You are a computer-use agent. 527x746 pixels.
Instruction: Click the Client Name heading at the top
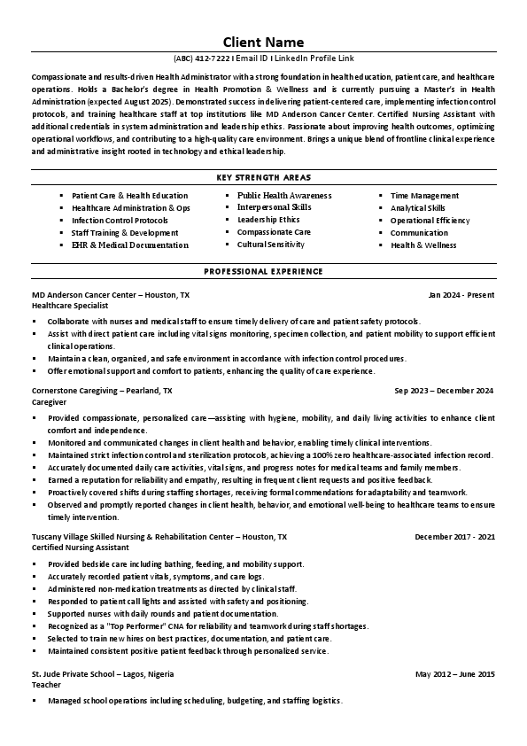(x=263, y=42)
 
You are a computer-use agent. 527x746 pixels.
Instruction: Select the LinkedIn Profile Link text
(x=310, y=60)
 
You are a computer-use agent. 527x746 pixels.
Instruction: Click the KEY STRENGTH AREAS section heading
(x=263, y=177)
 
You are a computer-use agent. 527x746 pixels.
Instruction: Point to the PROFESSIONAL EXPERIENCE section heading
(x=263, y=270)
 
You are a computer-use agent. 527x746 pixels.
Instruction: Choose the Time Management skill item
(x=424, y=195)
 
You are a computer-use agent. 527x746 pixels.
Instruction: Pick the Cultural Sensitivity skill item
(x=270, y=245)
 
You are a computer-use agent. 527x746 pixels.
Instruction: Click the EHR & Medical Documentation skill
(x=129, y=245)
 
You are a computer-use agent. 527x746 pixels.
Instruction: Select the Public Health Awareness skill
(x=283, y=195)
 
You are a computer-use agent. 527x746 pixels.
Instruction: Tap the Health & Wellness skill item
(x=423, y=245)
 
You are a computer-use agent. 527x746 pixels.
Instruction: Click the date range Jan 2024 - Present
(x=461, y=293)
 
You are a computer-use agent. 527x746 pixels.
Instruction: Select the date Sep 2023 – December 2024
(x=444, y=390)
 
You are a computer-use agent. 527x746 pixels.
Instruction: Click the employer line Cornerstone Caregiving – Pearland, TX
(x=102, y=390)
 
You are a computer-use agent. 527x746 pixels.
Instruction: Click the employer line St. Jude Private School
(x=102, y=673)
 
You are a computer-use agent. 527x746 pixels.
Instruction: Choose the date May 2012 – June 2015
(x=454, y=673)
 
